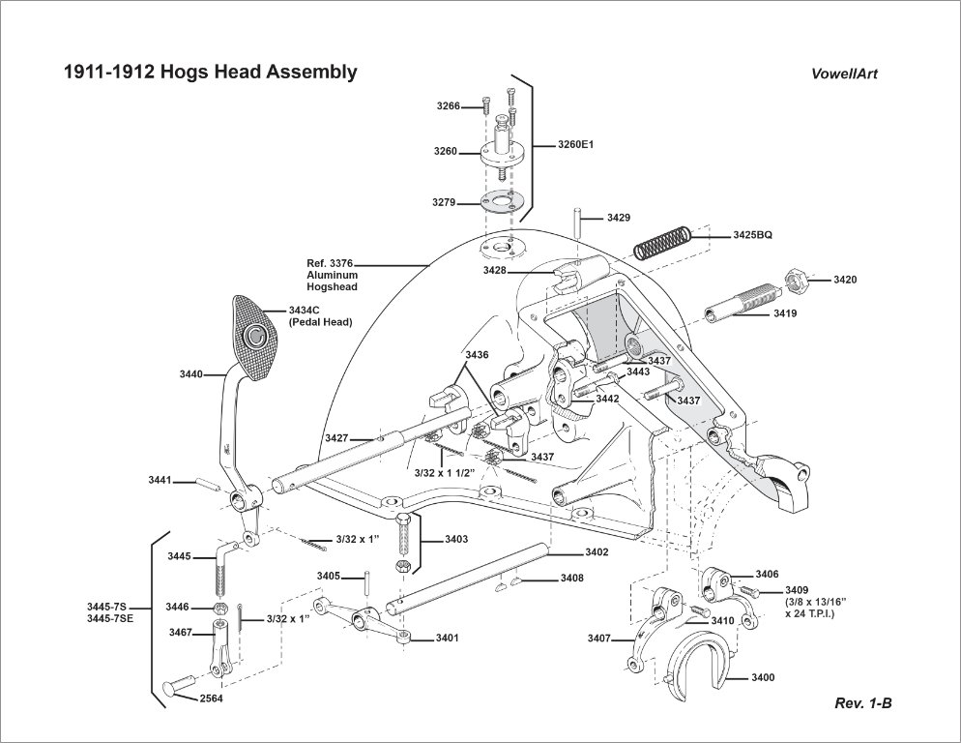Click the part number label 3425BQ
pyautogui.click(x=753, y=235)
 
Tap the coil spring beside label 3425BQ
pyautogui.click(x=662, y=240)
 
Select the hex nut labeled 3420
pyautogui.click(x=801, y=279)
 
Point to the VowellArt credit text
pyautogui.click(x=845, y=74)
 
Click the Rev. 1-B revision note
pyautogui.click(x=862, y=703)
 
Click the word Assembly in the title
pyautogui.click(x=308, y=72)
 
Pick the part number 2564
pyautogui.click(x=212, y=698)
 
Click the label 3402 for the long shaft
pyautogui.click(x=597, y=552)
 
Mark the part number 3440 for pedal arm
pyautogui.click(x=190, y=373)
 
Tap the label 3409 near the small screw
pyautogui.click(x=797, y=590)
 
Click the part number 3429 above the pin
pyautogui.click(x=619, y=218)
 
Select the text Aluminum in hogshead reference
pyautogui.click(x=333, y=276)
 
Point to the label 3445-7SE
pyautogui.click(x=108, y=617)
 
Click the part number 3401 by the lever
pyautogui.click(x=447, y=638)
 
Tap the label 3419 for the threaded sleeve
pyautogui.click(x=785, y=313)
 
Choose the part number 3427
pyautogui.click(x=335, y=438)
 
